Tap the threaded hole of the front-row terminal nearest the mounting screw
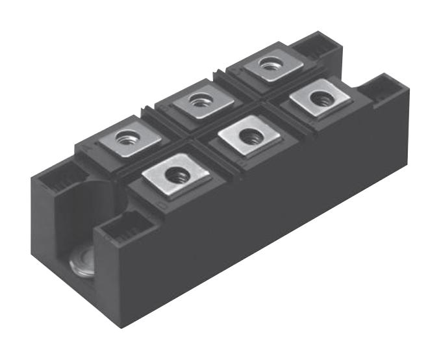[176, 174]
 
